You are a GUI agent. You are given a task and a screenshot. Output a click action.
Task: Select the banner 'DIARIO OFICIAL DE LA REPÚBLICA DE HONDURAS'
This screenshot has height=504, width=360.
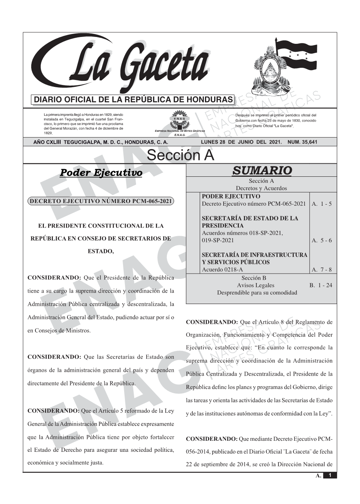click(133, 99)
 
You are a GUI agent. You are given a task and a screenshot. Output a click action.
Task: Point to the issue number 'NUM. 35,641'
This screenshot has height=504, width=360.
click(302, 142)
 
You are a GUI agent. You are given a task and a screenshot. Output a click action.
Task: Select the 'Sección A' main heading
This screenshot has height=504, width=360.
click(180, 155)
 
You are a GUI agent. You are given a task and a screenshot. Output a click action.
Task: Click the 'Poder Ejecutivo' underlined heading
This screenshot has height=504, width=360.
click(101, 173)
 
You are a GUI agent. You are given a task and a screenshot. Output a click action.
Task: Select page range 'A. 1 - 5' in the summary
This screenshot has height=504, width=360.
click(322, 204)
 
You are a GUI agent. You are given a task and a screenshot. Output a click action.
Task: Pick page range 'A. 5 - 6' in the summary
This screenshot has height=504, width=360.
click(322, 240)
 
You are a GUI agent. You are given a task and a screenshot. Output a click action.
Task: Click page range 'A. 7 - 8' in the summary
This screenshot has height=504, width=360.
click(322, 270)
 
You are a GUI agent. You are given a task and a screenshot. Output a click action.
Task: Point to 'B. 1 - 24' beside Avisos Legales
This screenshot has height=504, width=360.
click(320, 285)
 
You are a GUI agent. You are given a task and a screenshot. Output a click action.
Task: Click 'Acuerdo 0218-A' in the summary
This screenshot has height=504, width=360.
click(222, 270)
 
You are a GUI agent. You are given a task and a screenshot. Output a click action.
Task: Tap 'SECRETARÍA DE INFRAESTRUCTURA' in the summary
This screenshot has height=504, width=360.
click(254, 255)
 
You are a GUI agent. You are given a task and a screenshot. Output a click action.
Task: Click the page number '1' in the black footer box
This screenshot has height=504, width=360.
click(330, 475)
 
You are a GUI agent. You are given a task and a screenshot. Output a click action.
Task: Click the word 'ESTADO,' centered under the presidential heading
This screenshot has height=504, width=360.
click(101, 251)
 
